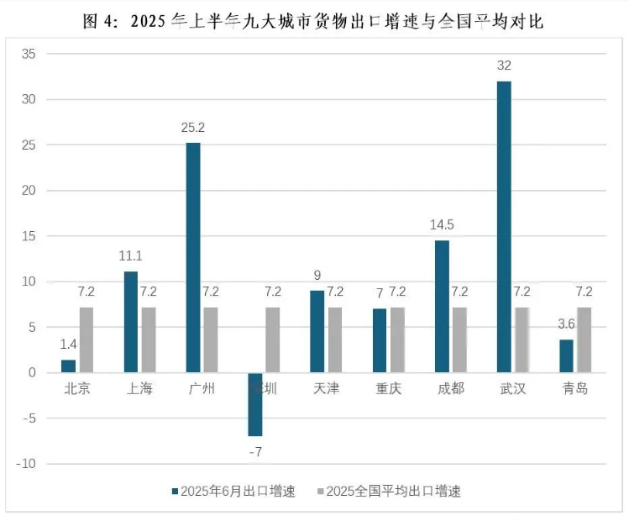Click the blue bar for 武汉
click(504, 227)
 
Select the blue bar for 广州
click(193, 257)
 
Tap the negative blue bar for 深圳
click(255, 404)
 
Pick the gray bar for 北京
click(86, 339)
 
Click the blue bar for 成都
click(442, 306)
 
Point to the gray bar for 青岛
click(584, 339)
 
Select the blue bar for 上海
click(131, 322)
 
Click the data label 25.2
click(193, 129)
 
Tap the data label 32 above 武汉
click(504, 66)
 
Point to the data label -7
click(255, 452)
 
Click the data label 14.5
click(442, 226)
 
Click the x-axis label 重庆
click(389, 388)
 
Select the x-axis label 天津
click(327, 388)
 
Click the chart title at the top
click(314, 20)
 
